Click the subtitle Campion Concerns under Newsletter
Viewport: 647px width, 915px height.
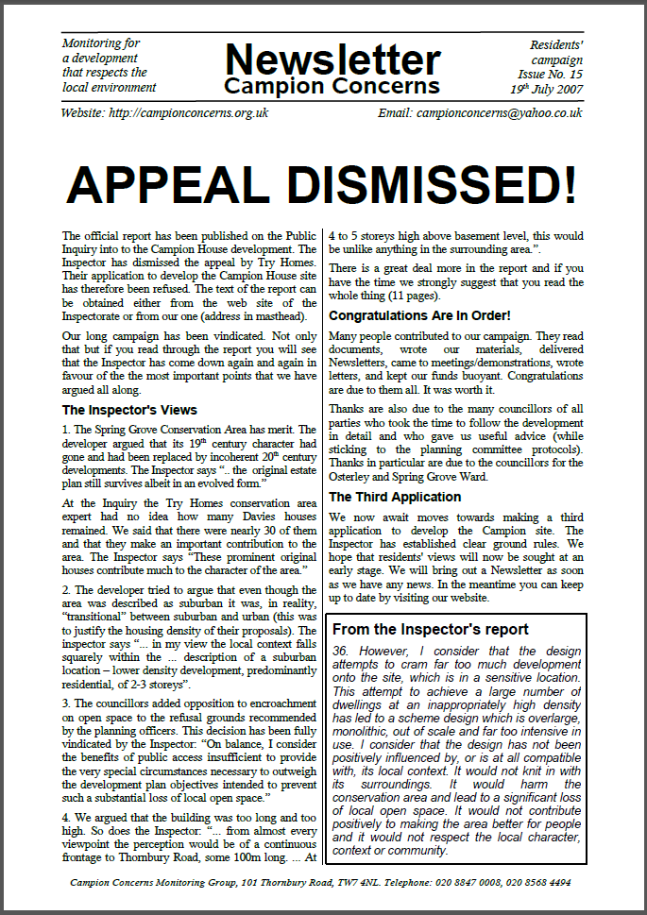tap(332, 86)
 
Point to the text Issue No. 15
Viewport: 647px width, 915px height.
tap(550, 74)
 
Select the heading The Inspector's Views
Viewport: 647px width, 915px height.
tap(129, 410)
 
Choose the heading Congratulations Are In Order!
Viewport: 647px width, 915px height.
tap(419, 315)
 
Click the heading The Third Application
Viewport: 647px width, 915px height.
tap(395, 497)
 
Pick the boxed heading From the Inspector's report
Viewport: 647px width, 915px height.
tap(430, 630)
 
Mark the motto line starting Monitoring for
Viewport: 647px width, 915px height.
tap(101, 42)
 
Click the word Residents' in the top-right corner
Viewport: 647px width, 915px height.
tap(557, 43)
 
